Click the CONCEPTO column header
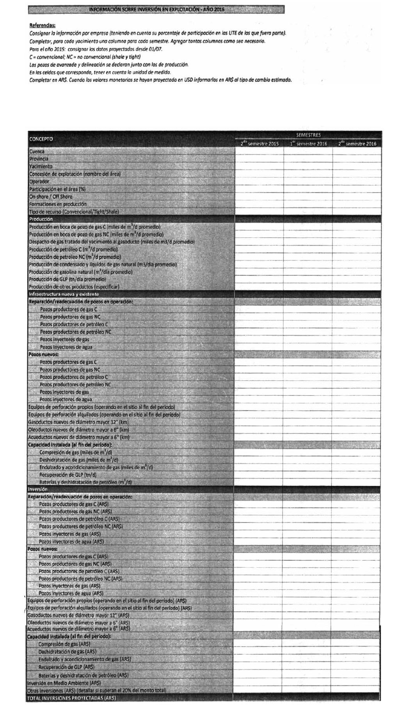[41, 139]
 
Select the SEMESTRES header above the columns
[308, 135]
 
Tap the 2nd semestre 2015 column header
[260, 144]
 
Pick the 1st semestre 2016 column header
[308, 144]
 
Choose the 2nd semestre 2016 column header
[357, 144]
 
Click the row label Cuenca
[37, 151]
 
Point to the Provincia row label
[39, 159]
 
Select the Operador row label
[39, 181]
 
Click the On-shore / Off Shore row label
[51, 197]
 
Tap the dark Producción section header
[41, 219]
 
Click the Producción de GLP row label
[67, 279]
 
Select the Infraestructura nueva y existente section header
[64, 294]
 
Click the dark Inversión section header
[37, 489]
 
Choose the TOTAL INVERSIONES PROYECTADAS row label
[71, 698]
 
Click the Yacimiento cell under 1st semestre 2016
[308, 166]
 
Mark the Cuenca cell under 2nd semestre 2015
[260, 151]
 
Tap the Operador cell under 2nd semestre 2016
[357, 181]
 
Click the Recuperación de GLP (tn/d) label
[68, 475]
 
